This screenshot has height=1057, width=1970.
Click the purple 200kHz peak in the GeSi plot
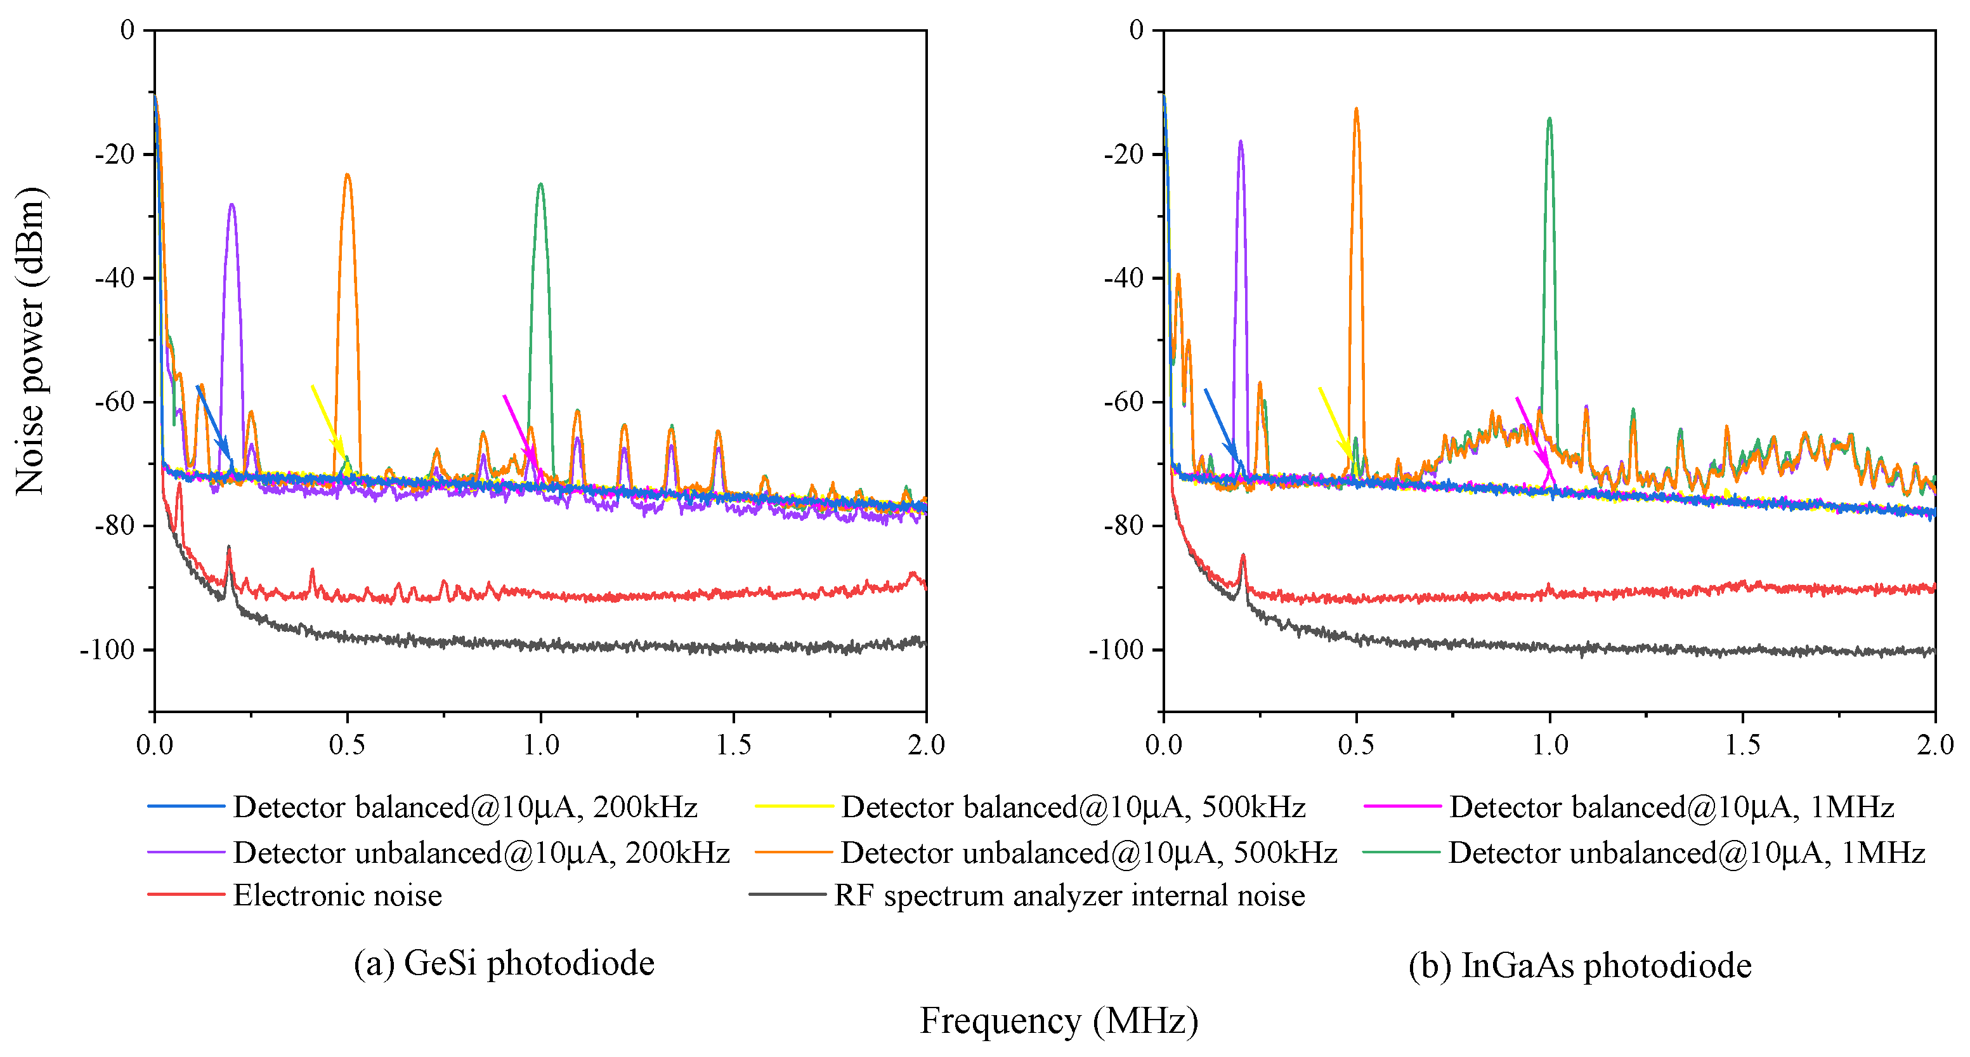click(x=232, y=206)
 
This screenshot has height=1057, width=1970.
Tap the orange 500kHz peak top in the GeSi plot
click(x=347, y=176)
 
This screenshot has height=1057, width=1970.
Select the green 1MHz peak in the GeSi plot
click(x=540, y=186)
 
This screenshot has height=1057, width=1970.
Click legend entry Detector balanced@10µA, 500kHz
click(x=1072, y=808)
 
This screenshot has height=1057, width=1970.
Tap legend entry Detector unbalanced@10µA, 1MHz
click(x=1685, y=853)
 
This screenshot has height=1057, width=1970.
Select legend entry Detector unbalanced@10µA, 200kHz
click(x=481, y=853)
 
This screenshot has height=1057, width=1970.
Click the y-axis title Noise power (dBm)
click(x=30, y=340)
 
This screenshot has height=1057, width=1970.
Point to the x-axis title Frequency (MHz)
click(x=1059, y=1021)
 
